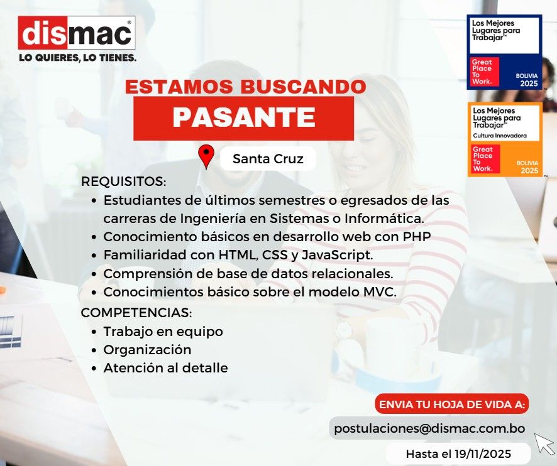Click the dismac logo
pyautogui.click(x=77, y=33)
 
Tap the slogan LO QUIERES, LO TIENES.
pyautogui.click(x=77, y=58)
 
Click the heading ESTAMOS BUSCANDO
pyautogui.click(x=245, y=87)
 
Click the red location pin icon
pyautogui.click(x=206, y=157)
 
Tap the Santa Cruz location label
pyautogui.click(x=268, y=159)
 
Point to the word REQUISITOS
pyautogui.click(x=123, y=182)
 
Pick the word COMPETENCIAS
pyautogui.click(x=136, y=312)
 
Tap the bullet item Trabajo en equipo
pyautogui.click(x=163, y=331)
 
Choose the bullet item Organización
pyautogui.click(x=147, y=349)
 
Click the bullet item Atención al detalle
pyautogui.click(x=165, y=368)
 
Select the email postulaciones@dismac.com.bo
pyautogui.click(x=429, y=428)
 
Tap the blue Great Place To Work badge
pyautogui.click(x=504, y=51)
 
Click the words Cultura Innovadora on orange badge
pyautogui.click(x=500, y=136)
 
